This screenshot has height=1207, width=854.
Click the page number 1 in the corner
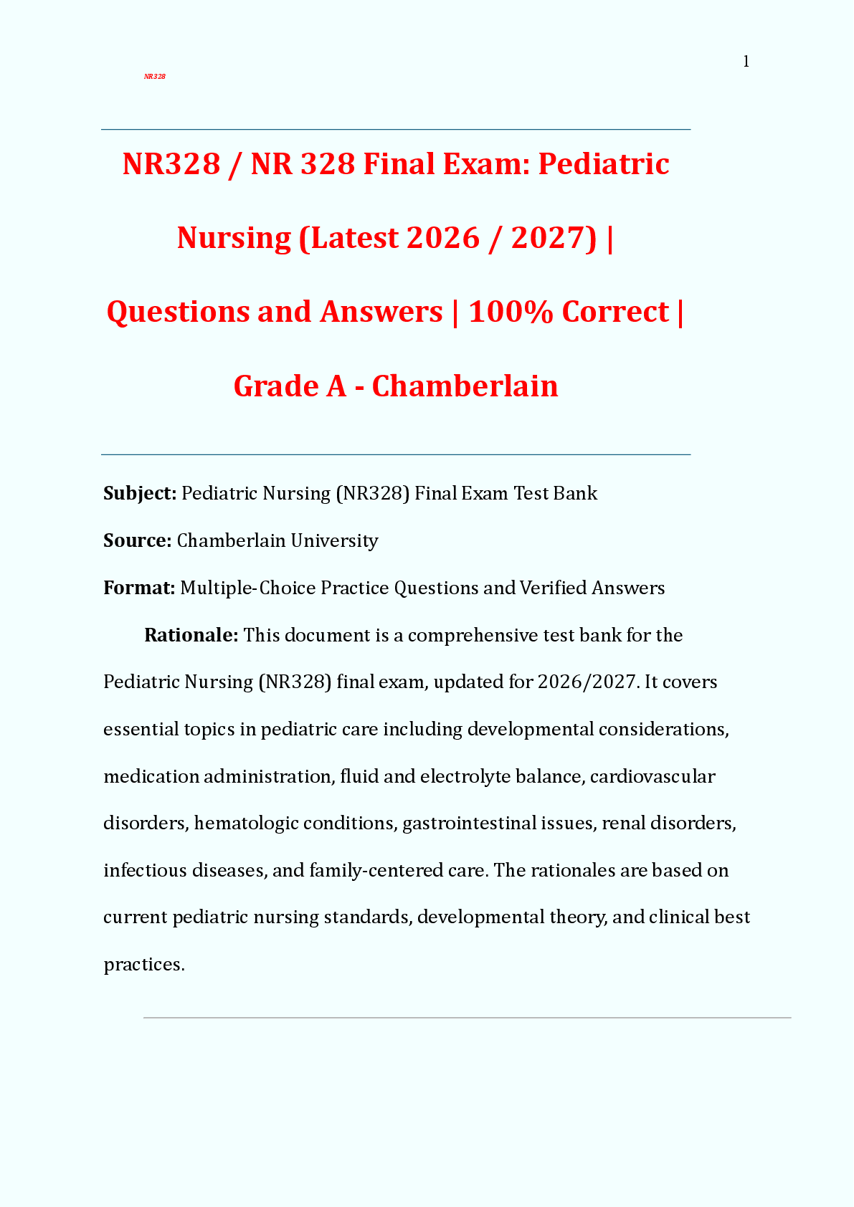746,62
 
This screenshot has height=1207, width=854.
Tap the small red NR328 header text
155,77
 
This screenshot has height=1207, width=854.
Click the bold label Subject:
140,493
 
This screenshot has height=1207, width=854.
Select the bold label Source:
137,540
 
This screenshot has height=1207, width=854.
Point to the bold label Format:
139,588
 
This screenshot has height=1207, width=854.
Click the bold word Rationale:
191,635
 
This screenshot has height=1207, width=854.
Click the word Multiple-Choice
247,588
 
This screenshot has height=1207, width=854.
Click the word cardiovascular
653,776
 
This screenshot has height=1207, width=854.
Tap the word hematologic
246,823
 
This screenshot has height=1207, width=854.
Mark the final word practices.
143,965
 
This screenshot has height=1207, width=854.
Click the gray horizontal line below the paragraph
467,1017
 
